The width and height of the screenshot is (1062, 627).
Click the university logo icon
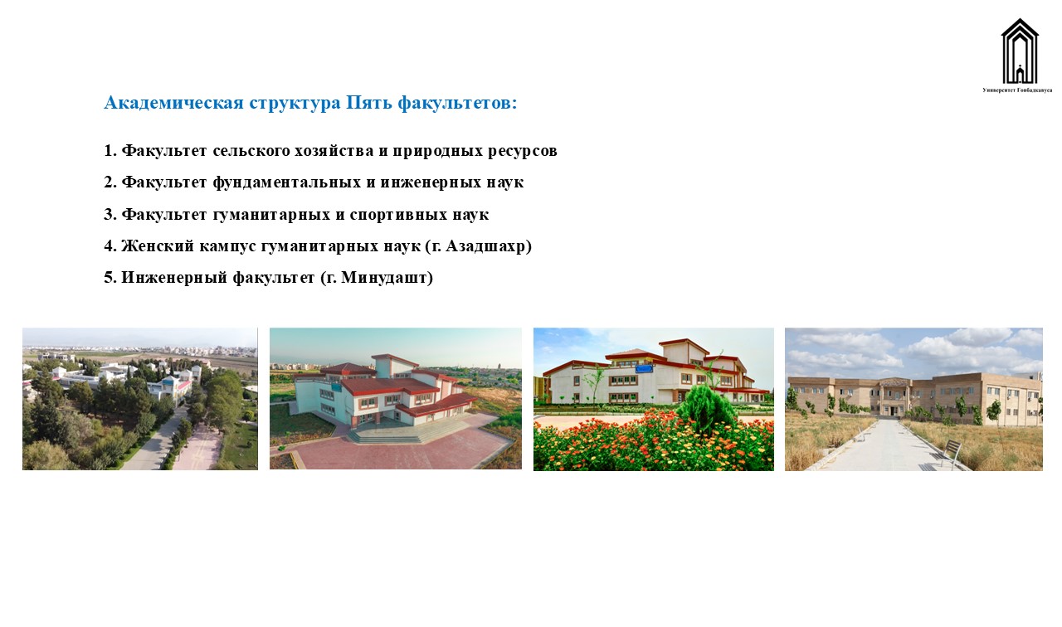point(1020,51)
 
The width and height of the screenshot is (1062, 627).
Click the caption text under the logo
point(1017,90)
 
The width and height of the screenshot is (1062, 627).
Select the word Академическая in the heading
point(174,103)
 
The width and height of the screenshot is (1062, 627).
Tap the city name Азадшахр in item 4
point(485,246)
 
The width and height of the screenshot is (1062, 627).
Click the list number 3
point(108,215)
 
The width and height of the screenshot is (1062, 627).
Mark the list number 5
point(108,278)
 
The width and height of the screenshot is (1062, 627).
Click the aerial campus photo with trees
point(140,399)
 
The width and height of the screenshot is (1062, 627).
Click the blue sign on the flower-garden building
point(645,369)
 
